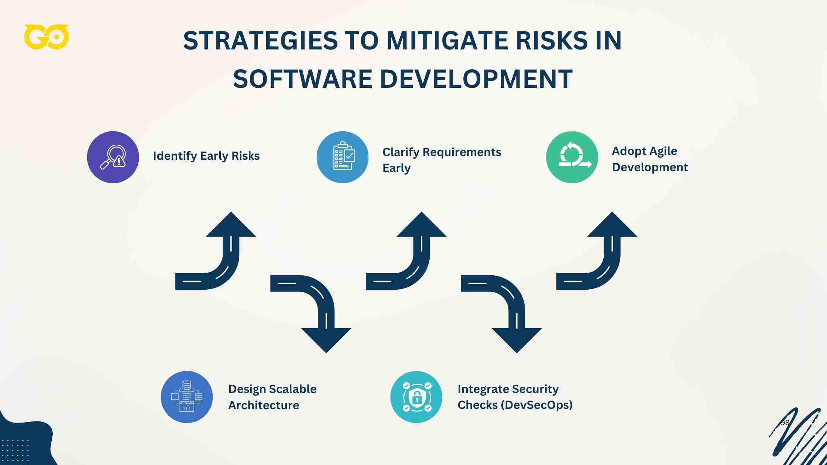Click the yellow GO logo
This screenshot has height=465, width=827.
[x=47, y=37]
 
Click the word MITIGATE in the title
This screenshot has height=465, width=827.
[x=447, y=41]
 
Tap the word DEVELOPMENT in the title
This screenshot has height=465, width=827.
[x=476, y=79]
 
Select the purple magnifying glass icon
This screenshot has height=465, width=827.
[x=113, y=157]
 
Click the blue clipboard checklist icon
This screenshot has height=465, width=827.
[x=343, y=157]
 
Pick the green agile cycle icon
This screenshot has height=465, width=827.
[x=572, y=157]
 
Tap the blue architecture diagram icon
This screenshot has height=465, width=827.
[x=187, y=397]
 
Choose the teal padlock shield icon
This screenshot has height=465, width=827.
[x=416, y=397]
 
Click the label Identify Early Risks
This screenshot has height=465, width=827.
[x=206, y=156]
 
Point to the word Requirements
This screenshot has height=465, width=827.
[x=461, y=152]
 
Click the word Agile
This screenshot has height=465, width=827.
[x=663, y=151]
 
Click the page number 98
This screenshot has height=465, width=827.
[x=785, y=423]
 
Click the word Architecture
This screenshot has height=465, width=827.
[x=264, y=405]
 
